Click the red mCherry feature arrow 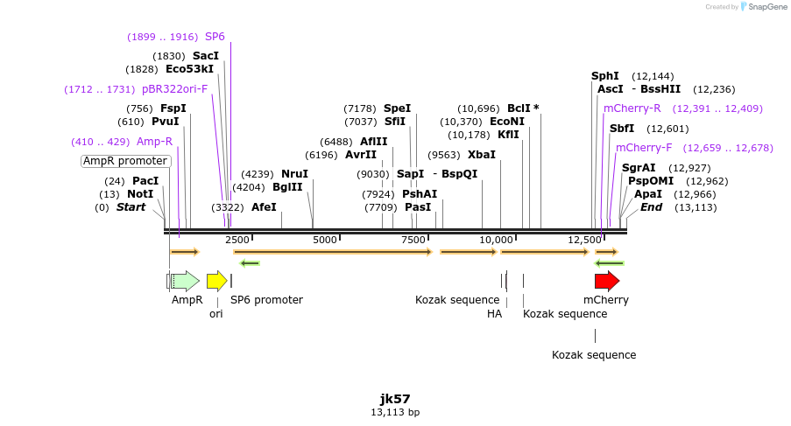click(606, 281)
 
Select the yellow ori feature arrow click(216, 281)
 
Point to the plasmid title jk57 click(395, 398)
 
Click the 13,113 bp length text click(395, 412)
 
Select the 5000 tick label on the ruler click(325, 240)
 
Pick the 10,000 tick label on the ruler click(497, 240)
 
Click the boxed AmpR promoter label click(124, 161)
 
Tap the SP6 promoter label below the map click(266, 300)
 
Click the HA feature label click(494, 314)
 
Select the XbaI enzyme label click(482, 155)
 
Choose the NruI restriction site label click(294, 174)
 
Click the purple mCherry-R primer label click(632, 108)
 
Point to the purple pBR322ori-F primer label click(175, 89)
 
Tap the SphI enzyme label click(605, 76)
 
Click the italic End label click(651, 207)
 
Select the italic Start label click(131, 207)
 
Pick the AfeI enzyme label click(264, 207)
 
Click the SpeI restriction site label click(397, 108)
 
